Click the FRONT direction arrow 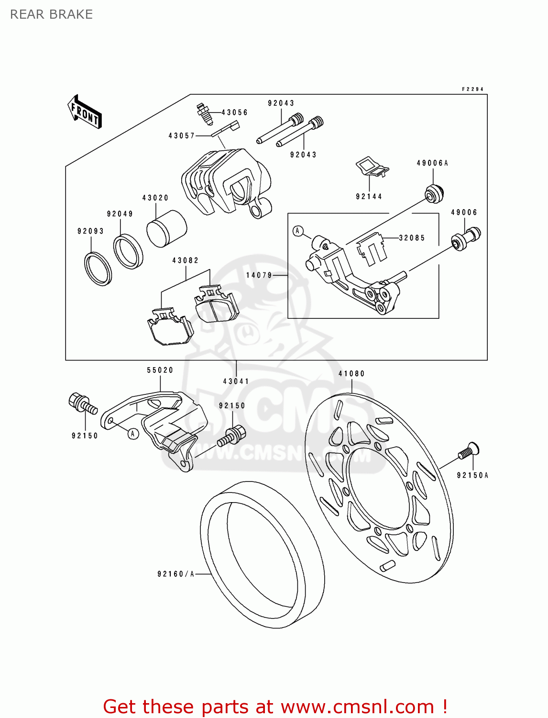(85, 112)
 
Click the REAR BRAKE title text (51, 14)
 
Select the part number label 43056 (234, 112)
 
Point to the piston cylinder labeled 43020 (166, 228)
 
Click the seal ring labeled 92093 (98, 268)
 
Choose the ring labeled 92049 (128, 251)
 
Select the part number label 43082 (185, 260)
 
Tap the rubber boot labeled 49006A (434, 193)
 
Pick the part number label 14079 (259, 275)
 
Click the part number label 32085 (412, 238)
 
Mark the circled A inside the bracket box (298, 231)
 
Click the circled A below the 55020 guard (133, 434)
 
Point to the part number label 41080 (351, 374)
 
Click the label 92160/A (175, 574)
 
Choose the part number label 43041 (236, 381)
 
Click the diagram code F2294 (472, 89)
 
